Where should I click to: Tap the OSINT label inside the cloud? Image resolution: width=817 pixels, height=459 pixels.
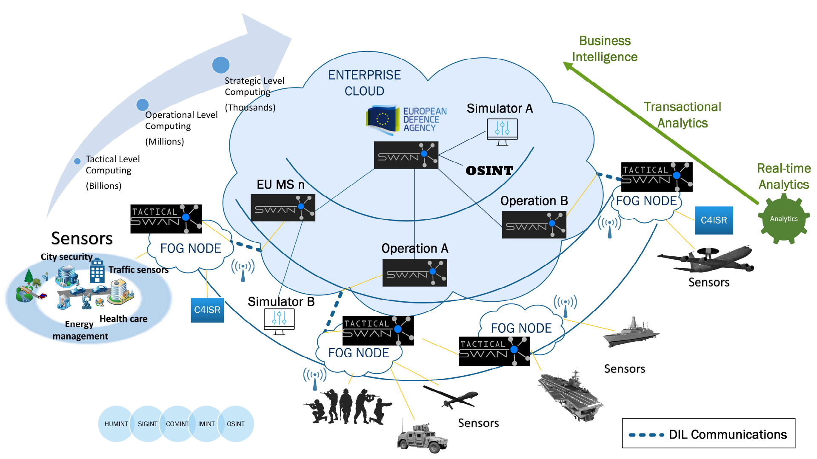coord(489,171)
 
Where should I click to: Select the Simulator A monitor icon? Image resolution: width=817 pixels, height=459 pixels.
coord(502,131)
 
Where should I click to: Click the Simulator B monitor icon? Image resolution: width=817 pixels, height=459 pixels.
coord(279,321)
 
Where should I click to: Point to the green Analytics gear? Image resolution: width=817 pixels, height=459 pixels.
coord(783,219)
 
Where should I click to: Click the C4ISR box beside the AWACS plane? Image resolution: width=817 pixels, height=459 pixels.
coord(714,220)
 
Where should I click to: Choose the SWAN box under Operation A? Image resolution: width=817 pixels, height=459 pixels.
coord(414,273)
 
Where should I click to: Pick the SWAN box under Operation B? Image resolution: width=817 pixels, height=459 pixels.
coord(534,225)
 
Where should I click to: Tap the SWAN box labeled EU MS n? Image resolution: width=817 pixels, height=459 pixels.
coord(283,208)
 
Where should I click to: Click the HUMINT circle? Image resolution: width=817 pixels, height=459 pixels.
coord(116,424)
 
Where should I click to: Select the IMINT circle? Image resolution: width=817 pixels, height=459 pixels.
coord(206,424)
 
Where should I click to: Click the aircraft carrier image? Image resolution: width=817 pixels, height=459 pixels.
coord(570,395)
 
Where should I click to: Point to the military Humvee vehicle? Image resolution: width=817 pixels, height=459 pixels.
coord(422,438)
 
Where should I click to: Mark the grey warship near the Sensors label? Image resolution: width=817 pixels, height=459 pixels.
coord(631,333)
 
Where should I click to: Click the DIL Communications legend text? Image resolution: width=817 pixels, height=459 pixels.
coord(728,434)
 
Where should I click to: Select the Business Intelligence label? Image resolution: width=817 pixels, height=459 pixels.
coord(604,49)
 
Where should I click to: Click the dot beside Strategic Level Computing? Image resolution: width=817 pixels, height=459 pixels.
coord(221,65)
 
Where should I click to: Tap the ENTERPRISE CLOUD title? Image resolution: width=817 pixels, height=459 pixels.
coord(364,83)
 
